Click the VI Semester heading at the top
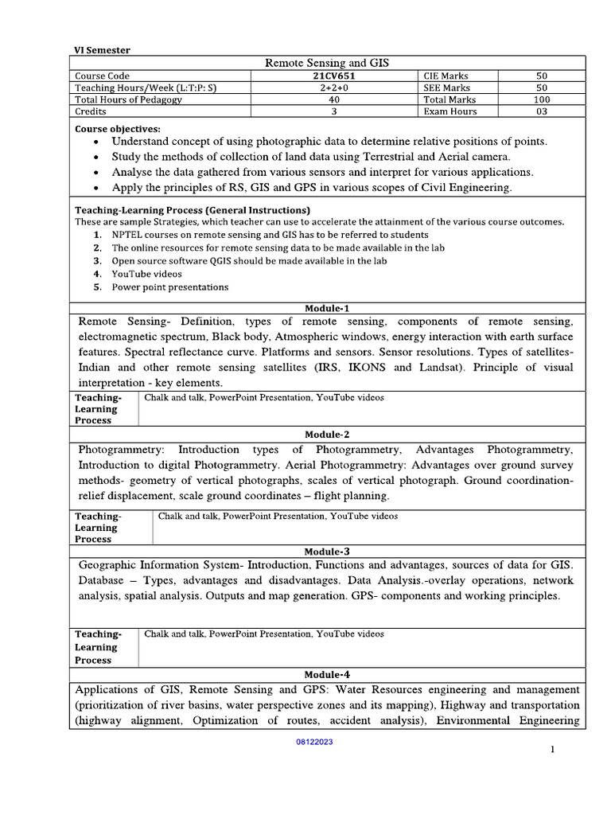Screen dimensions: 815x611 tap(103, 50)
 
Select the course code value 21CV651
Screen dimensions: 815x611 tap(335, 76)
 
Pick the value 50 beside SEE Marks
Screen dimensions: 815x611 tap(541, 88)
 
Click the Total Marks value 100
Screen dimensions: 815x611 tap(541, 99)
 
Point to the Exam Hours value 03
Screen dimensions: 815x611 tap(541, 111)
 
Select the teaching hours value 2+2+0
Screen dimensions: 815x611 tap(335, 88)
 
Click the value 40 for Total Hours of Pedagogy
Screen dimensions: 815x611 tap(335, 99)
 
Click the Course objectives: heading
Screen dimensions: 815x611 tap(117, 128)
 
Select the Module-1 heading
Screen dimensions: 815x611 tap(327, 308)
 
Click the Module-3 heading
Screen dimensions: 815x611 tap(327, 551)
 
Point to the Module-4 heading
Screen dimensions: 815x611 tap(327, 674)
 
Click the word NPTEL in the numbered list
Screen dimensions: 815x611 tap(129, 235)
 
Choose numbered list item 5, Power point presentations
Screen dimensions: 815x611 tap(169, 287)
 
